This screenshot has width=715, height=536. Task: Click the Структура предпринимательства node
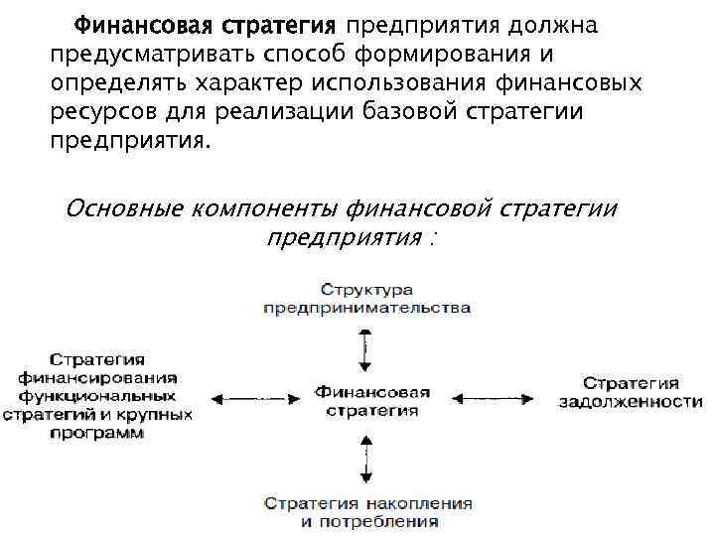(x=366, y=298)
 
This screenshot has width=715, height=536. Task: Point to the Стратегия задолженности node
(x=630, y=392)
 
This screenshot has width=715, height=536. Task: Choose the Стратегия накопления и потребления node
(x=366, y=511)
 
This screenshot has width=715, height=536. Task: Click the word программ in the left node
(x=97, y=434)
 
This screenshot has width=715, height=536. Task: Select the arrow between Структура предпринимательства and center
(x=366, y=346)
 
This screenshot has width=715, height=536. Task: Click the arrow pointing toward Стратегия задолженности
(x=493, y=399)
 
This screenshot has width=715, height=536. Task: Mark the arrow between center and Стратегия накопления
(x=366, y=458)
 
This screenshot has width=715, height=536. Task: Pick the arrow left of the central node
(x=253, y=399)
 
